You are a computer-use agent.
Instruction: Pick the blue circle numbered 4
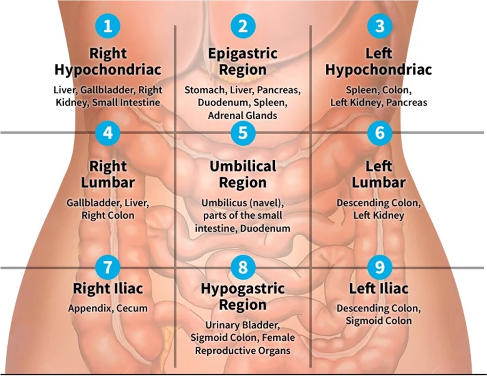[108, 133]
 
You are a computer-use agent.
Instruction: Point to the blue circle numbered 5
[243, 133]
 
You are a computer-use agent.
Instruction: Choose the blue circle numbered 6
[379, 133]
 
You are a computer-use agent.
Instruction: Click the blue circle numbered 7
[108, 267]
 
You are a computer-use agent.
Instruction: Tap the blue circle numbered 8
[243, 267]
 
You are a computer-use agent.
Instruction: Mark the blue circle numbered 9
[379, 267]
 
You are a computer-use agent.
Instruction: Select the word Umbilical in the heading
[243, 166]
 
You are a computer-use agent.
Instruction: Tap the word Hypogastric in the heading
[243, 289]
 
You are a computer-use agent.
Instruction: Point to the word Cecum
[132, 309]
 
